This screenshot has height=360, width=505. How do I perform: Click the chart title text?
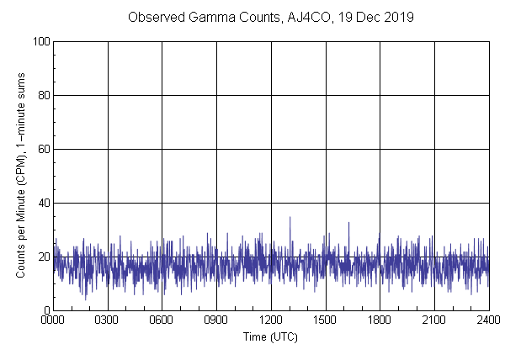270,17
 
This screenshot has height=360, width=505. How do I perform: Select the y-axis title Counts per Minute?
21,175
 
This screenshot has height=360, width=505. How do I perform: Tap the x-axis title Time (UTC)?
270,336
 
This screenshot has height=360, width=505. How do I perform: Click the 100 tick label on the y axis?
40,41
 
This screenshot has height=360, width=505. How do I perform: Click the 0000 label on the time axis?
53,320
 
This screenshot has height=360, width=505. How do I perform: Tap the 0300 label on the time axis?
108,320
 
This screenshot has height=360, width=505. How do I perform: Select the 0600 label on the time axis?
162,320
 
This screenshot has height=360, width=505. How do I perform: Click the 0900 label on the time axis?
216,320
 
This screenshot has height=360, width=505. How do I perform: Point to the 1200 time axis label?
271,320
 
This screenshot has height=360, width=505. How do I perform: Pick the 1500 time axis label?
326,320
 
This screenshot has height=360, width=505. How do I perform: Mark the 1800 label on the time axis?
380,320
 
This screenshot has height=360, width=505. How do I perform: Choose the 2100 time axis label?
434,320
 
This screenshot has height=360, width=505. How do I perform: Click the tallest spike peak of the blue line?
290,217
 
